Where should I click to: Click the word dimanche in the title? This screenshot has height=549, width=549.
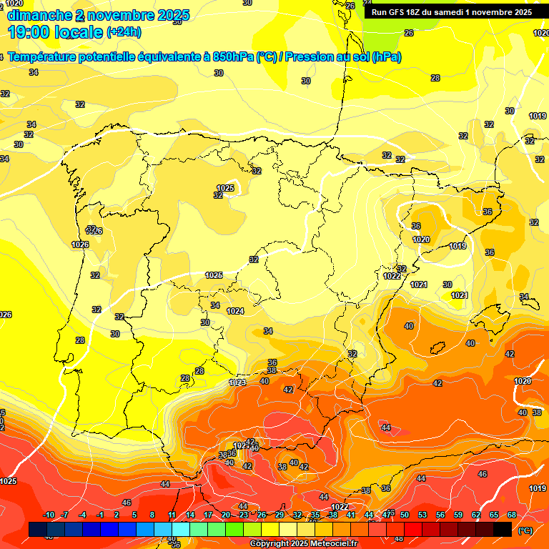pos(39,15)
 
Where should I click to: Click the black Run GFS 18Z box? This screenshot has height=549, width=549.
pos(451,12)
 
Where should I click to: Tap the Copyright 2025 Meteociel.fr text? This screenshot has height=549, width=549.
pos(303,543)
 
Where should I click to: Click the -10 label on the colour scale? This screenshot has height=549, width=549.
pos(49,515)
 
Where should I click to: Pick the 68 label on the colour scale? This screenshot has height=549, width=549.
pos(512,515)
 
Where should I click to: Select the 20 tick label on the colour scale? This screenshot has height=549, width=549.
pos(226,515)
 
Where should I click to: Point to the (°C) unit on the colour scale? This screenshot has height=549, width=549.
pos(525,530)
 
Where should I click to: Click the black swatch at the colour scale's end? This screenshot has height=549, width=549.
pos(503,529)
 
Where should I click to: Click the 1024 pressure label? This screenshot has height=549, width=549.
pos(235,311)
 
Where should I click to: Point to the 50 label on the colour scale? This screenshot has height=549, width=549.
pos(405,515)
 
